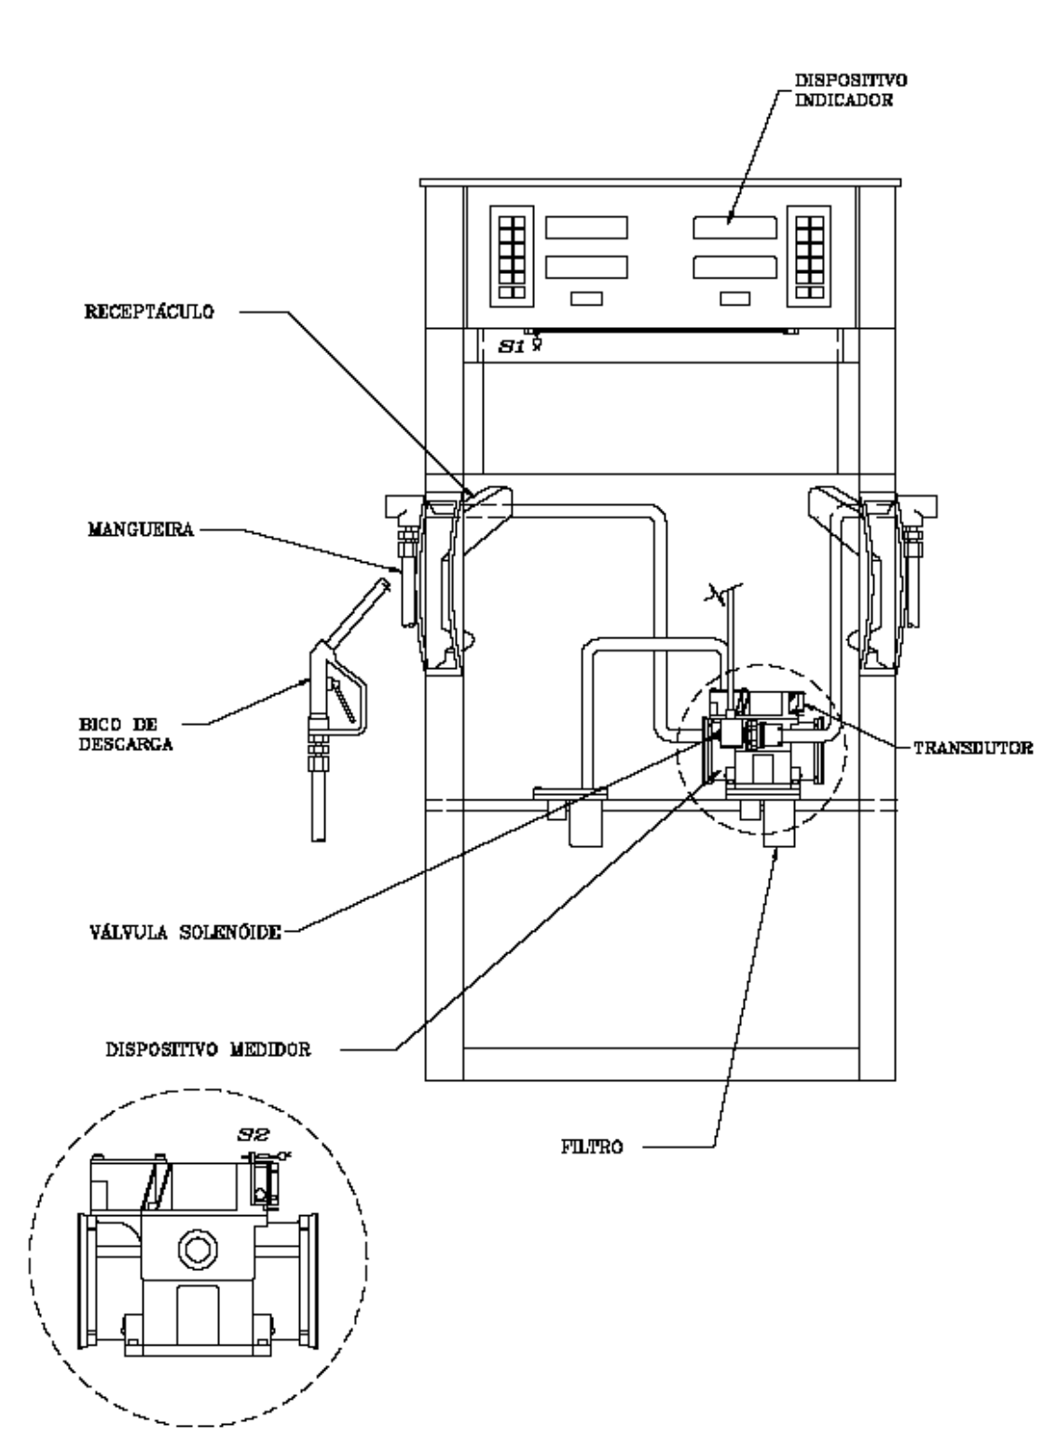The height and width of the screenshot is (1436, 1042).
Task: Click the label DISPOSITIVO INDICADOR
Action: click(x=851, y=90)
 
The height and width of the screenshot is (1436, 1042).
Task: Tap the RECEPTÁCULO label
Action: click(x=149, y=312)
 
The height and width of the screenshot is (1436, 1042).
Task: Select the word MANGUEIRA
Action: click(x=141, y=529)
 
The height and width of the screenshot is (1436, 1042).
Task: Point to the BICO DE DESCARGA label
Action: click(x=126, y=734)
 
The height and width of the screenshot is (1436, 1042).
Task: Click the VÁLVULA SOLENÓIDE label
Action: click(x=185, y=932)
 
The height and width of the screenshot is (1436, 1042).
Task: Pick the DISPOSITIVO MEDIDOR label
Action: click(x=209, y=1049)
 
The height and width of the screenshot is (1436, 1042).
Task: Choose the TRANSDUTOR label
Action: click(x=973, y=748)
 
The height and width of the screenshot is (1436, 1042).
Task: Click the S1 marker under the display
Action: click(x=512, y=347)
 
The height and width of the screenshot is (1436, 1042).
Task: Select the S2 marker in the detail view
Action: click(x=254, y=1135)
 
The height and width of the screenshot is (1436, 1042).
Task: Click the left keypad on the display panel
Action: click(x=512, y=256)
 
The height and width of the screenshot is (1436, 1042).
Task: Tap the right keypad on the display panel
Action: click(x=809, y=256)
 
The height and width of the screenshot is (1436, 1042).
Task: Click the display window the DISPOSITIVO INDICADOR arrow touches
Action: click(x=734, y=227)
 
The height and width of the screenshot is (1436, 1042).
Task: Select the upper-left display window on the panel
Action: click(x=587, y=227)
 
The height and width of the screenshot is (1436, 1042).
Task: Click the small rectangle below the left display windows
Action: click(x=587, y=299)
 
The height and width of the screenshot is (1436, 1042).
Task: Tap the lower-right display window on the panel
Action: click(x=734, y=267)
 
